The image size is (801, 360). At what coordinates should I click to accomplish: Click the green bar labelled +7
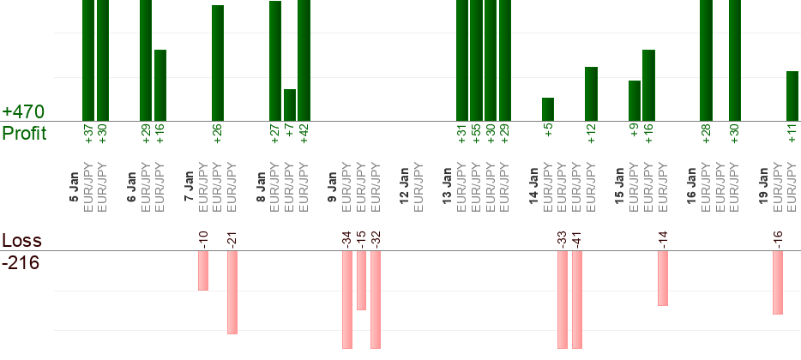pos(290,105)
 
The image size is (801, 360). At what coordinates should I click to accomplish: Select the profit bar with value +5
pos(548,109)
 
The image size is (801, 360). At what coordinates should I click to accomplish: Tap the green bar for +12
pos(591,93)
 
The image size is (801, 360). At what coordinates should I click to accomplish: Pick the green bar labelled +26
pos(218,63)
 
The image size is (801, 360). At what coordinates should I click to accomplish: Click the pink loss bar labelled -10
pos(203,270)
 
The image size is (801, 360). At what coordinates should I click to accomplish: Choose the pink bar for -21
pos(232,291)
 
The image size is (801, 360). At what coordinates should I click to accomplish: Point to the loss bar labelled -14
pos(663,278)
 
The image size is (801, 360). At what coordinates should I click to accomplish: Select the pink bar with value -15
pos(361,280)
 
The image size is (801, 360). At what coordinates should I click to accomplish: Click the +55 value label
pos(476,135)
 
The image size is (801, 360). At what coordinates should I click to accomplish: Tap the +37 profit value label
pos(88,135)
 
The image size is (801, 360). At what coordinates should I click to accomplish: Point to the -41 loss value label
pos(577,238)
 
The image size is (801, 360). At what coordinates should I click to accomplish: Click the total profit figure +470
pos(23,112)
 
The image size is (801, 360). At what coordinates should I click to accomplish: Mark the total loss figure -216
pos(21,262)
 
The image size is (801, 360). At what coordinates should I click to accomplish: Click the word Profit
pos(24,133)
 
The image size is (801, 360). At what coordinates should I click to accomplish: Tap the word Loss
pos(21,241)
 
